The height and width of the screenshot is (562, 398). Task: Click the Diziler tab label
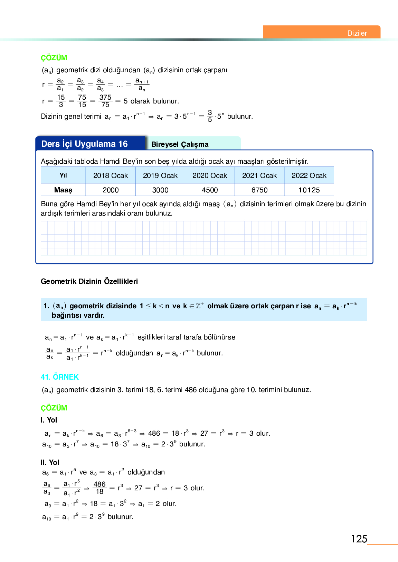pos(357,33)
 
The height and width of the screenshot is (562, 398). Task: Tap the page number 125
pos(359,539)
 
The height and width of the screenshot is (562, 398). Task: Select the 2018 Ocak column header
pos(111,175)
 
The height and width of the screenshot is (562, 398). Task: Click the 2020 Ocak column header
pos(210,175)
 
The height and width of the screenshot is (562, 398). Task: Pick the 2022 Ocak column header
pos(309,175)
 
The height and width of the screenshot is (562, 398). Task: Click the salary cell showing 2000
pos(111,190)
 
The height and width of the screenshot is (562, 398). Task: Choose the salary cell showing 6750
pos(259,190)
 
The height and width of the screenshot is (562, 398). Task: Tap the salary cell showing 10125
pos(309,190)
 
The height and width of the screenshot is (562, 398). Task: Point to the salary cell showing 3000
pos(160,190)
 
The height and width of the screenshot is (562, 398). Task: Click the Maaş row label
pos(63,190)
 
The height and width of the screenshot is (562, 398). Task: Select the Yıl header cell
pos(63,175)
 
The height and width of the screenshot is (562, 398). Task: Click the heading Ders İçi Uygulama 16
pos(84,144)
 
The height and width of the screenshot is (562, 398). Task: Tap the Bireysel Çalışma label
pos(180,144)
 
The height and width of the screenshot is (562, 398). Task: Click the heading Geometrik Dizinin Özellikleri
pos(89,281)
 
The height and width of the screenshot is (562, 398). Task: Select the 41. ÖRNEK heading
pos(60,377)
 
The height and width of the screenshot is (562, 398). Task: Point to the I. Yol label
pos(49,420)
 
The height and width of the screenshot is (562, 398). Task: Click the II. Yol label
pos(50,462)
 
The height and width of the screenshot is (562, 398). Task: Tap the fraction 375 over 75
pos(105,101)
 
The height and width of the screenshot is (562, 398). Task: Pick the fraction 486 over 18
pos(99,488)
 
